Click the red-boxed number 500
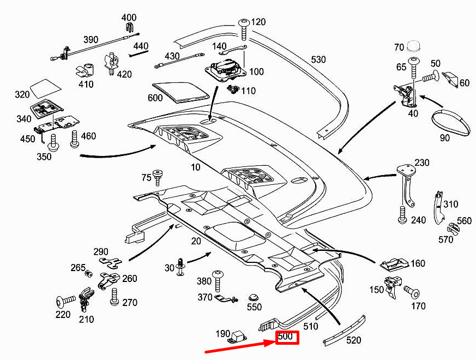[x=287, y=338]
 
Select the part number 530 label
[x=320, y=59]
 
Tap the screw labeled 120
[x=244, y=27]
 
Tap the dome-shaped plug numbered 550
[x=253, y=298]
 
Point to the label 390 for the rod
[x=91, y=39]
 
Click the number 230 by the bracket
[x=421, y=163]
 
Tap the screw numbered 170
[x=412, y=292]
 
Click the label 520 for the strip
[x=353, y=340]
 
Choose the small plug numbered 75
[x=159, y=177]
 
